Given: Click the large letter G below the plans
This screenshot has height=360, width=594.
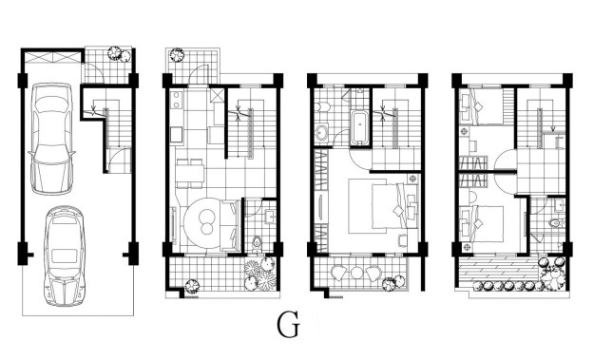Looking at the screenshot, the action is tap(288, 325).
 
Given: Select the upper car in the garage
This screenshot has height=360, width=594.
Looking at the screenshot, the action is tap(52, 139).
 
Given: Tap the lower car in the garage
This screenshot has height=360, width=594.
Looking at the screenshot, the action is tap(65, 256).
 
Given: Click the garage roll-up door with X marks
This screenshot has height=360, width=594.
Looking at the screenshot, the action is tap(53, 58).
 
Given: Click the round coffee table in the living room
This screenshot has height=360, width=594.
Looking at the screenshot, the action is tap(207, 222).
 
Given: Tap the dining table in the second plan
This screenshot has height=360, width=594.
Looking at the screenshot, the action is tap(190, 174).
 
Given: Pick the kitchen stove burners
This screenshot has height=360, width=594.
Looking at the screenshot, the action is tap(176, 100).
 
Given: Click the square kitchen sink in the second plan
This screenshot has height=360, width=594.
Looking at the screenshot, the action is tap(176, 135).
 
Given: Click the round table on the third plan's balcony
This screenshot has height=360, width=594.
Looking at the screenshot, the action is tap(356, 273).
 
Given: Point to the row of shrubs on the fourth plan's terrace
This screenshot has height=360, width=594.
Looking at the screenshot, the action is tap(508, 285).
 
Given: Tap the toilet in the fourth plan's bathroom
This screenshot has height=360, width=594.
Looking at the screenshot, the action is tap(556, 223).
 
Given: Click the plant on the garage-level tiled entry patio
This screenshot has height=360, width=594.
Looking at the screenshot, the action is tap(120, 54).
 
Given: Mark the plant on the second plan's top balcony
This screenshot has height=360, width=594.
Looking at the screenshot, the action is tap(177, 55).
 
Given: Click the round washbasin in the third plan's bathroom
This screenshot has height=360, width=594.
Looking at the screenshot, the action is tap(322, 133).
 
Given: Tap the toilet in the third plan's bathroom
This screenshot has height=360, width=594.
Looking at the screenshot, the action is tap(323, 107).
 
